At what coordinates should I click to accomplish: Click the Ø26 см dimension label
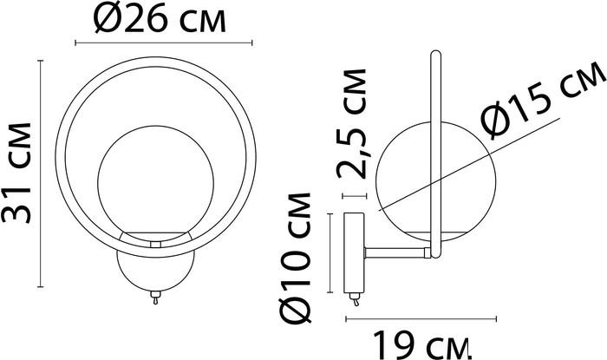click(x=160, y=18)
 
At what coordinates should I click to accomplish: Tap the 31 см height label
click(x=16, y=173)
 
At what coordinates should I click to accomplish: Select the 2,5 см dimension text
click(x=351, y=124)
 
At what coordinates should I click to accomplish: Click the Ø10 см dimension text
click(x=297, y=258)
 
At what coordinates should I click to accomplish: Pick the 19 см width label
click(x=422, y=344)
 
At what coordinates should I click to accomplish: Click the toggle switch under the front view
click(x=155, y=298)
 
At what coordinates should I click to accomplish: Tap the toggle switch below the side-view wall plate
click(x=355, y=299)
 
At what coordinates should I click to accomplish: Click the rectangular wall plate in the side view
click(x=354, y=252)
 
